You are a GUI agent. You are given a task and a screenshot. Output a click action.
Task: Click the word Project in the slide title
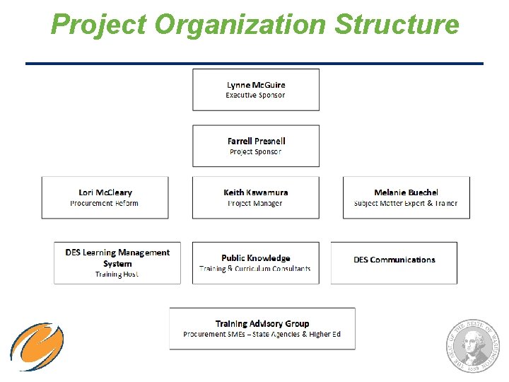tap(98, 25)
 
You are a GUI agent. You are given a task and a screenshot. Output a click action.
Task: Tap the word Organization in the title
tap(240, 25)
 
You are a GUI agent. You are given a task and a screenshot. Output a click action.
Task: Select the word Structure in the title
tap(397, 25)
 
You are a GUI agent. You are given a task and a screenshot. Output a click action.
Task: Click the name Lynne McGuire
tap(256, 85)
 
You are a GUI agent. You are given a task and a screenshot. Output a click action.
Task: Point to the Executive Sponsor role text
tap(255, 95)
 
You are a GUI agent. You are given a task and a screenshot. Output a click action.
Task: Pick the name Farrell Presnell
tap(256, 141)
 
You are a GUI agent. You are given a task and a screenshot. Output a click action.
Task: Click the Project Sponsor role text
tap(255, 151)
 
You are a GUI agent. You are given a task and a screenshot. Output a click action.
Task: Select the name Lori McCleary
tap(105, 192)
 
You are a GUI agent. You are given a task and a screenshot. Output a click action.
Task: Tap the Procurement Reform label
tap(105, 203)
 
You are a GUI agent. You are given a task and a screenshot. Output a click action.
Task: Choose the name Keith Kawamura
tap(255, 192)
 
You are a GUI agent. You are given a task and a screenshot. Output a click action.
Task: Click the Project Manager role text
tap(255, 203)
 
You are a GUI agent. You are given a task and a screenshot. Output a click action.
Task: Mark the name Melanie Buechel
tap(406, 192)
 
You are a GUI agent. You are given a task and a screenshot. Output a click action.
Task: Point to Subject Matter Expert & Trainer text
tap(406, 203)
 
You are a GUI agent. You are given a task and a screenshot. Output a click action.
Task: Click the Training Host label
tap(117, 274)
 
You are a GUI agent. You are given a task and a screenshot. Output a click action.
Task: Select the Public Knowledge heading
tap(255, 258)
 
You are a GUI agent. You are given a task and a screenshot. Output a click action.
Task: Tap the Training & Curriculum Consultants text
tap(255, 269)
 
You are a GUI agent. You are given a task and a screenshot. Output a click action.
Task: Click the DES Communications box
tap(394, 260)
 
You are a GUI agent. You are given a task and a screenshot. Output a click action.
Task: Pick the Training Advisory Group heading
tap(262, 323)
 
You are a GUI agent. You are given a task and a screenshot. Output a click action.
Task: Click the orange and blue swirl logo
tap(37, 347)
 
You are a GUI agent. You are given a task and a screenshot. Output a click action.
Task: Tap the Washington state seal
tap(472, 345)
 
